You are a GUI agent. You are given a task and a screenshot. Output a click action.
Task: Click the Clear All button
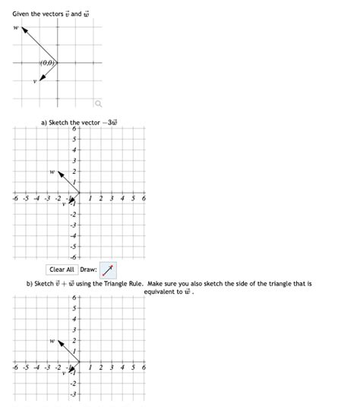(62, 269)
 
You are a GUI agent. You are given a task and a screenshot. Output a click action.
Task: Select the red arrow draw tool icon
(109, 269)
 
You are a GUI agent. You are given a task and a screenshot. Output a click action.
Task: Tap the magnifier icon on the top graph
(96, 103)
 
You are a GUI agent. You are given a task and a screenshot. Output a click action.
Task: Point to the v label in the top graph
(34, 82)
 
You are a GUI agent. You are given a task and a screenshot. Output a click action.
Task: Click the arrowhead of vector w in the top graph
(24, 30)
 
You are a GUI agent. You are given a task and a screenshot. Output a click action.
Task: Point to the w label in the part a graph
(51, 172)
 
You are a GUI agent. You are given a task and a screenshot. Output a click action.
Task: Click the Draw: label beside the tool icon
(88, 269)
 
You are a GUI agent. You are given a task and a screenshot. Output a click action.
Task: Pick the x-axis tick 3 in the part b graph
(112, 367)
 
